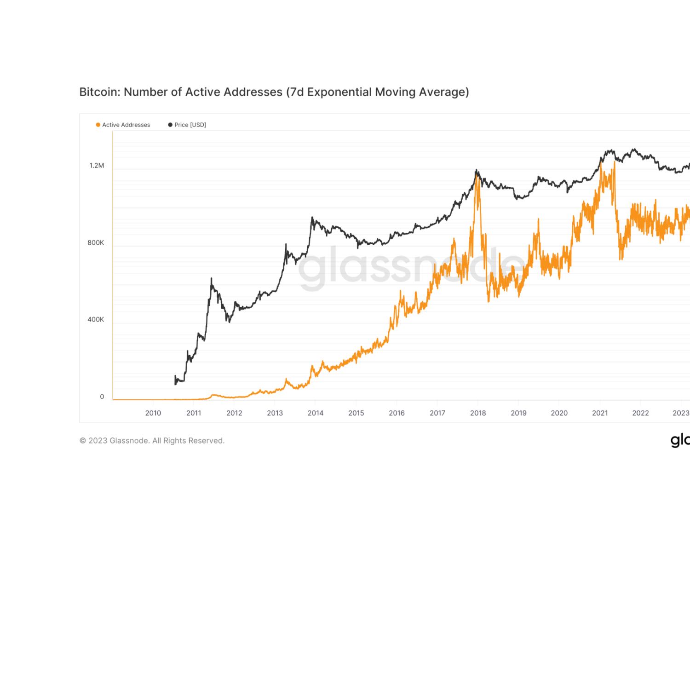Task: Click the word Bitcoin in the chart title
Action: point(98,92)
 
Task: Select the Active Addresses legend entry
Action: point(123,125)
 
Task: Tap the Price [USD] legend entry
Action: point(187,125)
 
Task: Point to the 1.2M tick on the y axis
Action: point(97,166)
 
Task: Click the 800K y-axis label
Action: point(96,243)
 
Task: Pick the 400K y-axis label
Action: point(96,320)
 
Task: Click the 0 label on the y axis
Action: point(102,397)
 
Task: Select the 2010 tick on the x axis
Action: point(153,413)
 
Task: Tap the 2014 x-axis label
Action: point(316,413)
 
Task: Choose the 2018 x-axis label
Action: point(478,413)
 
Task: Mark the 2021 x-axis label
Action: point(600,413)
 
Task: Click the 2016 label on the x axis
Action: point(397,413)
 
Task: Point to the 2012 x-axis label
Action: point(234,413)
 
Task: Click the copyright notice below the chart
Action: point(152,441)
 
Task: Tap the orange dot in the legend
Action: point(98,125)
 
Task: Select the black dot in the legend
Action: point(170,125)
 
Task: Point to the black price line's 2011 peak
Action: point(211,278)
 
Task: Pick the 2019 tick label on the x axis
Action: point(518,413)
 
